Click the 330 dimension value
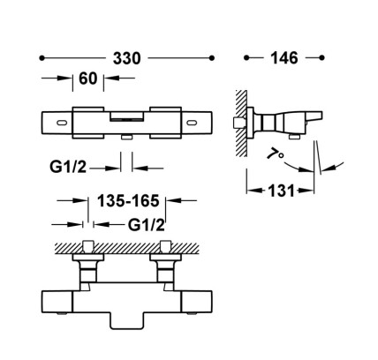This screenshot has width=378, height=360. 127,58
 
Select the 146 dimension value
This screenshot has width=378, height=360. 284,58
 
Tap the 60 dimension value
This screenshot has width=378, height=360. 88,79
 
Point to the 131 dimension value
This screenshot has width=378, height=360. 281,191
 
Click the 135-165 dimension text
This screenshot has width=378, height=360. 128,201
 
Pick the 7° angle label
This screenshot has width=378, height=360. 276,154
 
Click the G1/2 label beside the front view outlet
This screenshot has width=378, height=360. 68,167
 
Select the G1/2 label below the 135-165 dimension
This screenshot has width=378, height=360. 147,225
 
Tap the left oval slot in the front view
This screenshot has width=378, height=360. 62,122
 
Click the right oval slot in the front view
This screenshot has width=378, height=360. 192,122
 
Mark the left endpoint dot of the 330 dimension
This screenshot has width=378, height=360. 42,58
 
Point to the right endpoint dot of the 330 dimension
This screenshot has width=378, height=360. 211,58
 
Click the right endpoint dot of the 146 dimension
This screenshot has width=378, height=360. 321,57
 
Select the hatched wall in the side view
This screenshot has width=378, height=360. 241,124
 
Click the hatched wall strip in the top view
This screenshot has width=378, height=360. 127,249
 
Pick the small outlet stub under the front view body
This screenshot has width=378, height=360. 127,138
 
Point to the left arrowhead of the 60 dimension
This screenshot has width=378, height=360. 65,79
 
